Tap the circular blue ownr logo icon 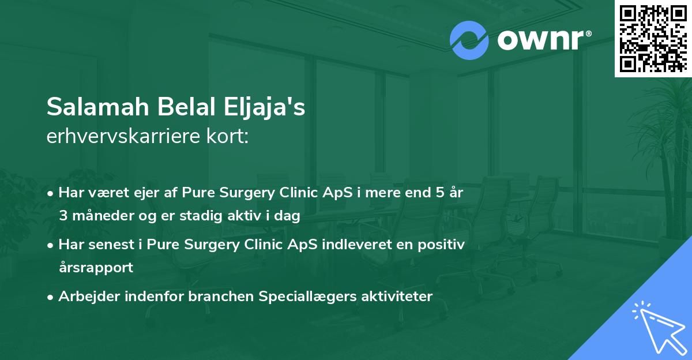469,40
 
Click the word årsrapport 96,267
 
